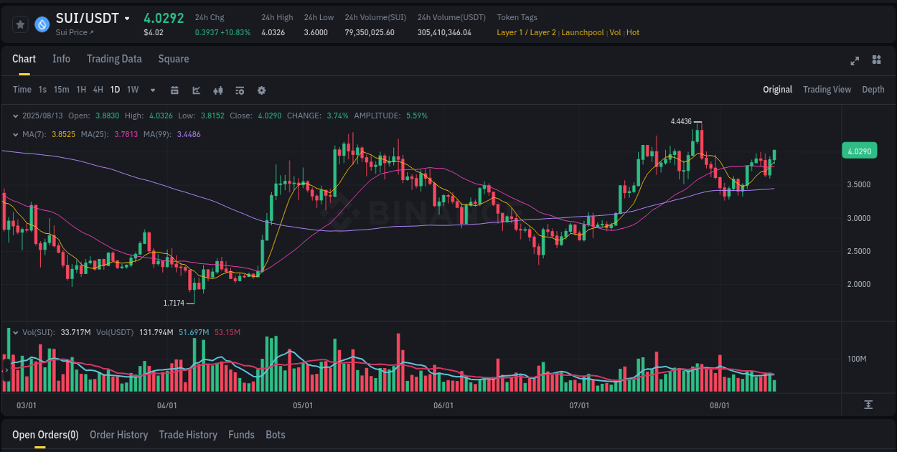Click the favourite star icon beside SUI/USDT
(21, 24)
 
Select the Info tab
(61, 59)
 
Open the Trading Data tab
(114, 59)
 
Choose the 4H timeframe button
(98, 90)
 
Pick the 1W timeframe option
(133, 90)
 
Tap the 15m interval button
(62, 90)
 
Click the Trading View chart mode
(827, 90)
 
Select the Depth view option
(873, 90)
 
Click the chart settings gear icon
(261, 90)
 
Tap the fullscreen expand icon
(855, 60)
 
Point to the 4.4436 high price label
(681, 122)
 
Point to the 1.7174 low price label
(174, 303)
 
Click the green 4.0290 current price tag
(859, 151)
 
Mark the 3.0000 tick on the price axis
(859, 218)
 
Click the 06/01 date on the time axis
(443, 405)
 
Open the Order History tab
(118, 435)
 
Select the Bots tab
(275, 435)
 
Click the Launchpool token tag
(583, 33)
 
